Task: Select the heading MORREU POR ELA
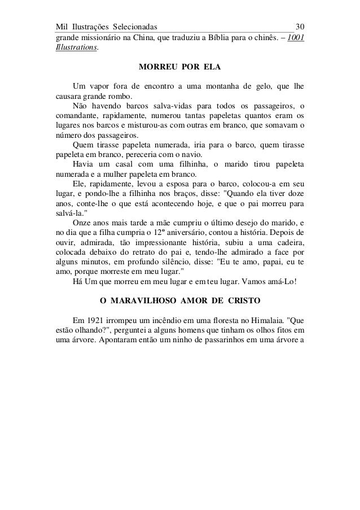point(179,68)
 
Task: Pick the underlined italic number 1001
point(296,38)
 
